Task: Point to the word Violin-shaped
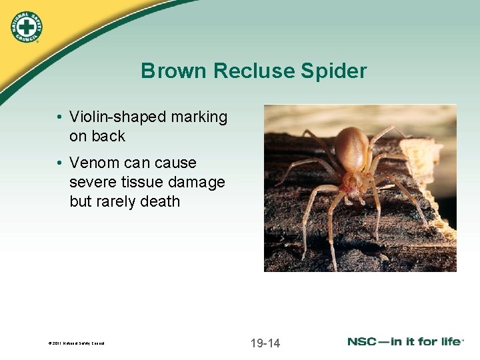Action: (117, 117)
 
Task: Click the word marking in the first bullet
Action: (199, 117)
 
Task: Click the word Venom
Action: (93, 163)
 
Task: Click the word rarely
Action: (121, 201)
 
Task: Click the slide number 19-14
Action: (265, 343)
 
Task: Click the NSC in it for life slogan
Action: (404, 341)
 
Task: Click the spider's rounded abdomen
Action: (351, 147)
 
